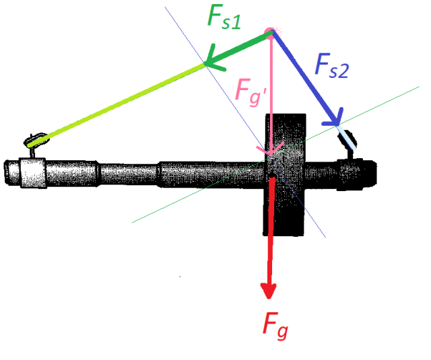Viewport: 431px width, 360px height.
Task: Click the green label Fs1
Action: point(223,18)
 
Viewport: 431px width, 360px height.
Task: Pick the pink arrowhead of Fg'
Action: point(269,150)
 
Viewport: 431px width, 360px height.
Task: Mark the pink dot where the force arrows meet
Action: point(269,32)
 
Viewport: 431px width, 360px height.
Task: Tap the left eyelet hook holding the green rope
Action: point(34,140)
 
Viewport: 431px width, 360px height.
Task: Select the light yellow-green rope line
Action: point(121,101)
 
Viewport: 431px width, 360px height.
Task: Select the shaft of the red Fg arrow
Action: point(269,229)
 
